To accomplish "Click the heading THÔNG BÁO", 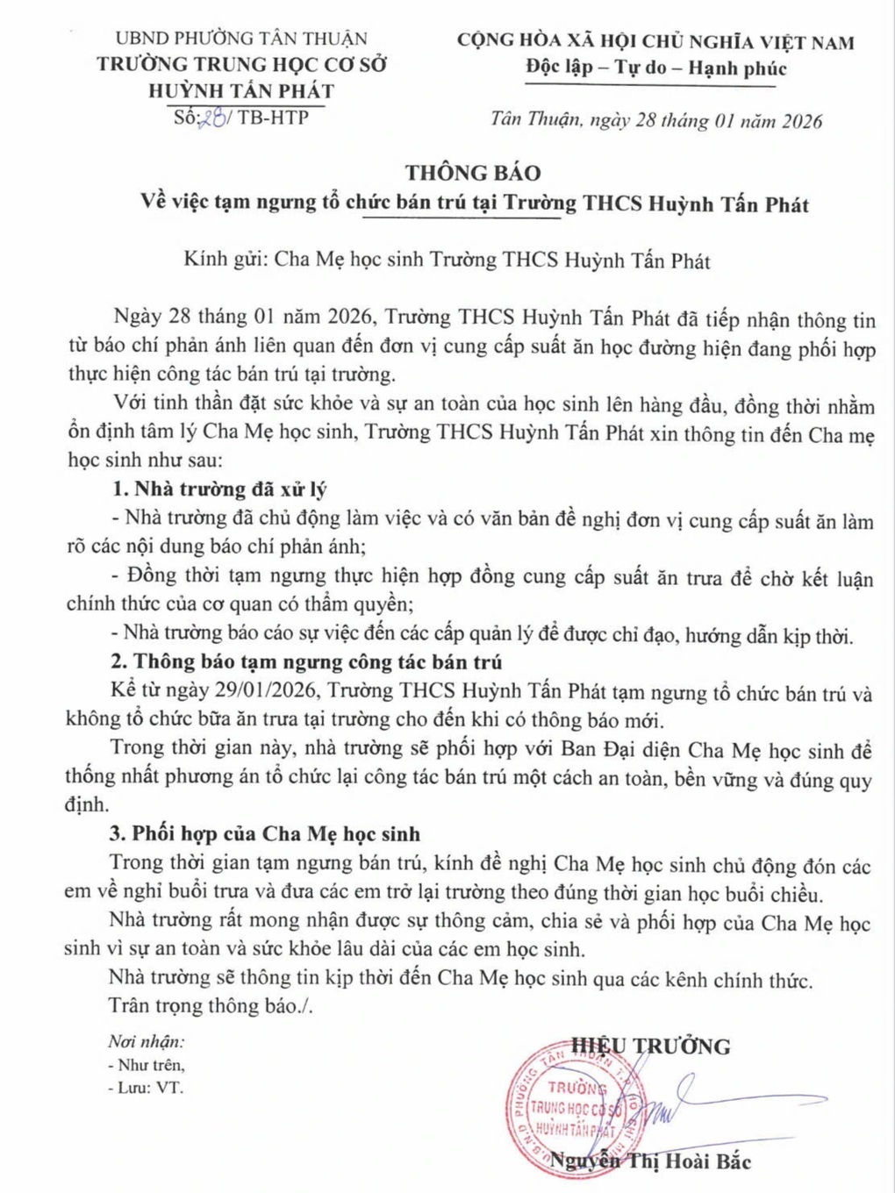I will point(472,173).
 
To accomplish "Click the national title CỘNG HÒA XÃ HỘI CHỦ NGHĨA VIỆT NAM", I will point(655,41).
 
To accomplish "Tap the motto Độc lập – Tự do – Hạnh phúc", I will point(656,68).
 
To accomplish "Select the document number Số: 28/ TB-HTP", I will point(241,118).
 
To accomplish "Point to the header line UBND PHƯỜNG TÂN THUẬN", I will point(241,39).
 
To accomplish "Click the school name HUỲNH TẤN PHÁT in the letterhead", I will point(241,90).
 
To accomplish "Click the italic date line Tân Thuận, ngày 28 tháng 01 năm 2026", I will point(656,120).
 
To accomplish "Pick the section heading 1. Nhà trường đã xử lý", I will point(218,489).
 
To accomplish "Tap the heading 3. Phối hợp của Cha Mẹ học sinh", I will point(264,833).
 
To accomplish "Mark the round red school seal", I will point(570,1108).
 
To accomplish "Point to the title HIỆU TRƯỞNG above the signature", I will point(651,1046).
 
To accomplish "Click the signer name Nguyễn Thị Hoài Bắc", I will point(650,1161).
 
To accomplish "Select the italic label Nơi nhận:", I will point(146,1041).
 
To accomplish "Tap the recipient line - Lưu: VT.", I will point(146,1088).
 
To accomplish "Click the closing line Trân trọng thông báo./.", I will point(211,1005).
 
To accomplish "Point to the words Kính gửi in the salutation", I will point(224,260).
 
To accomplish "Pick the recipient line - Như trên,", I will point(146,1065).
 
